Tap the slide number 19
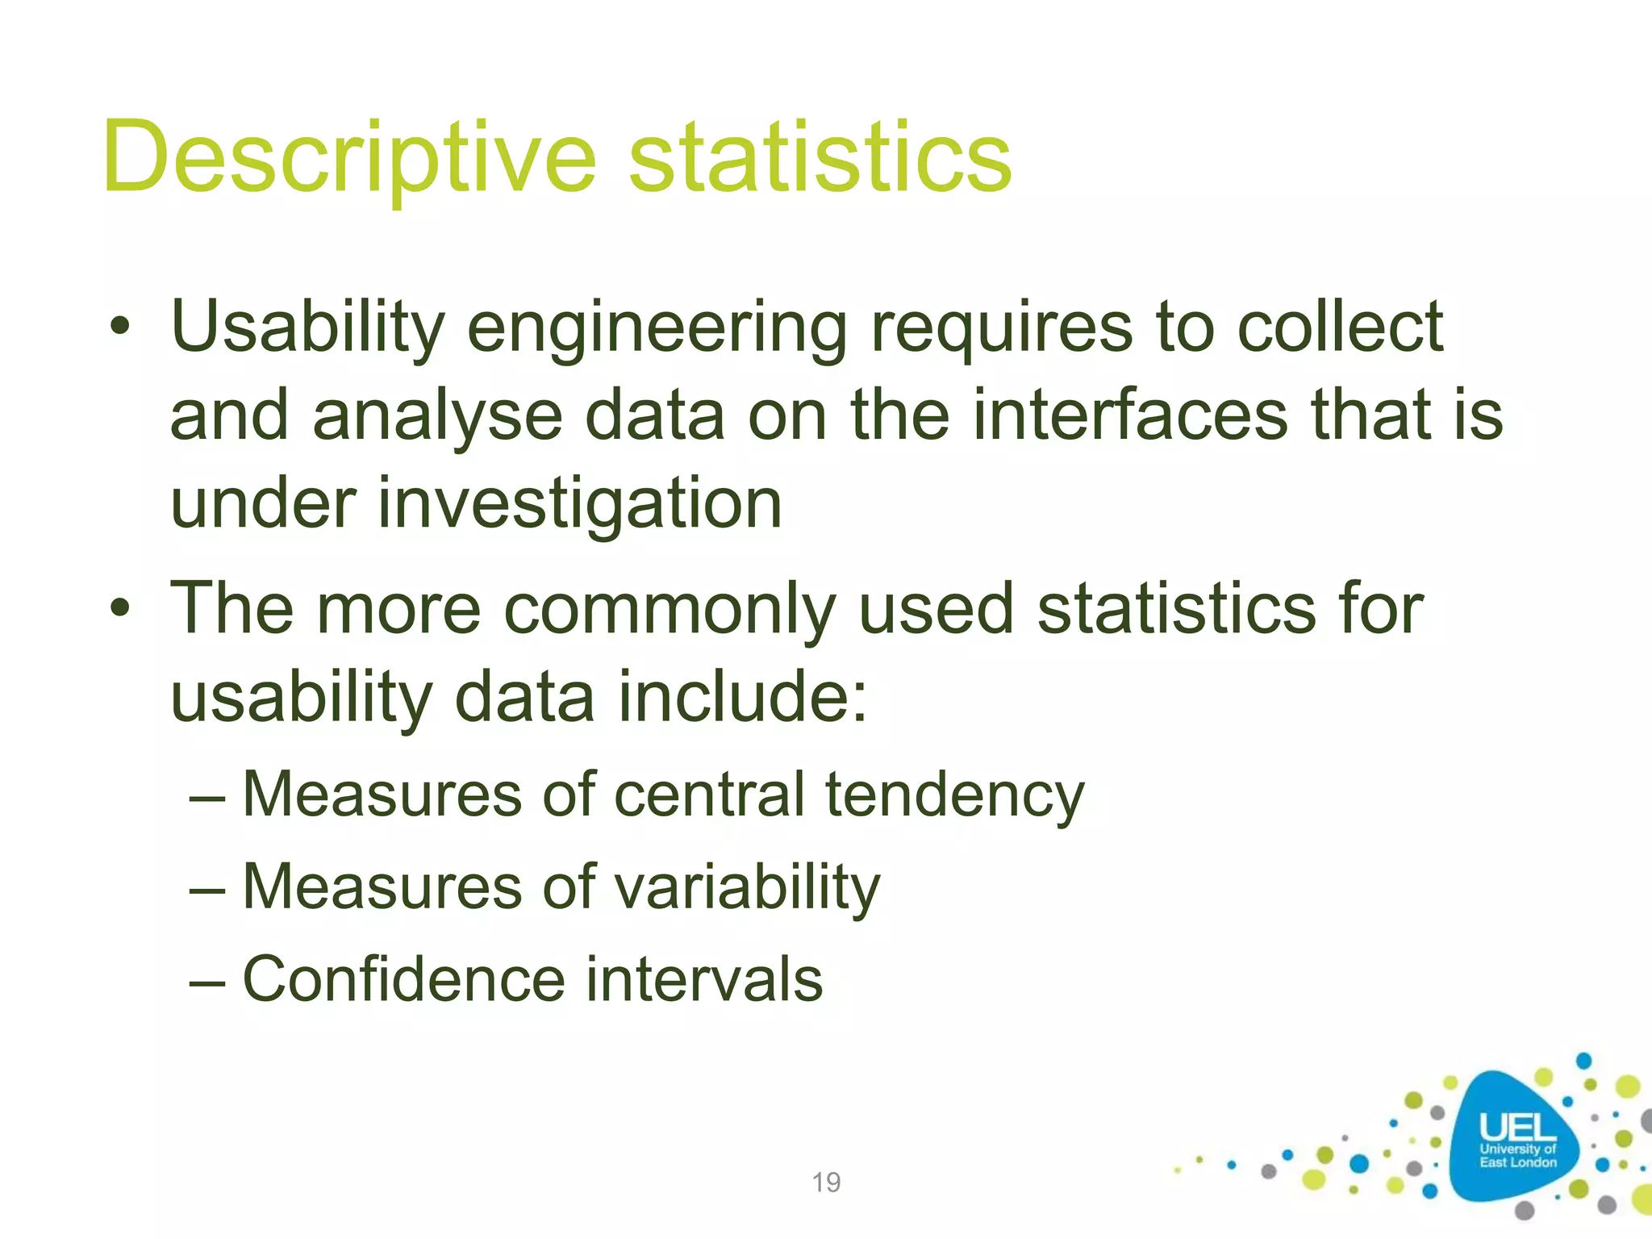point(826,1183)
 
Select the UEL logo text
point(1517,1128)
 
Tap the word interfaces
point(1129,415)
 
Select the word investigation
point(579,503)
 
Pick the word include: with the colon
point(742,696)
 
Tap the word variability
point(747,888)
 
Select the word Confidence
point(404,979)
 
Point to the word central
point(709,795)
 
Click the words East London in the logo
point(1517,1162)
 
